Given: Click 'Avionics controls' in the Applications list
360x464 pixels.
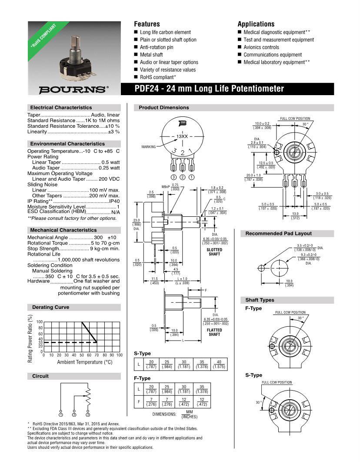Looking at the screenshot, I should (261, 47).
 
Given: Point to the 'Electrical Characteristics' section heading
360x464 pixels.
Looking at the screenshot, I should (61, 107).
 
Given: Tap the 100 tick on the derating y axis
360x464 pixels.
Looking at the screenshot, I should (40, 321).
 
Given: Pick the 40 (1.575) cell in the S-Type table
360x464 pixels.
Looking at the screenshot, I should (219, 365).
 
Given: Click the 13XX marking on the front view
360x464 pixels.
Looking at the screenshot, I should (182, 136).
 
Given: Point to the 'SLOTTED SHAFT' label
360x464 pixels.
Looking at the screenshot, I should (215, 252).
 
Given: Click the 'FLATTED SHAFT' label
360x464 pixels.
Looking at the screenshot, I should (215, 332).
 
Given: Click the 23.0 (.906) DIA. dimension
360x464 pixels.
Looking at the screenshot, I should (136, 225).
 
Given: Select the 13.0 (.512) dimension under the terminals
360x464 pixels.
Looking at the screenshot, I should (295, 216).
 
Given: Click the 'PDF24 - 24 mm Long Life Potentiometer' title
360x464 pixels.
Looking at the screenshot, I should (210, 89).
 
